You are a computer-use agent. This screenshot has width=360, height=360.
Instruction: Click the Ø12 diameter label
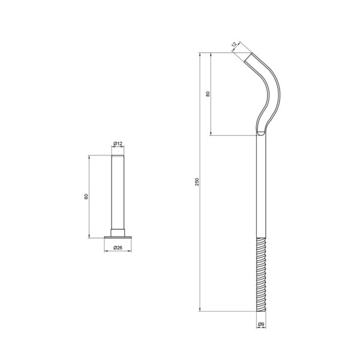(118, 144)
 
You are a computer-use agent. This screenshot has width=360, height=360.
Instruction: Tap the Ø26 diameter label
(118, 247)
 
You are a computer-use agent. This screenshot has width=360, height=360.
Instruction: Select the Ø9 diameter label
(261, 324)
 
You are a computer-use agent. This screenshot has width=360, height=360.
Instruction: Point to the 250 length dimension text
(197, 182)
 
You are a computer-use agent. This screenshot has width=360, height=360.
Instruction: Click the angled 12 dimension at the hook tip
(234, 44)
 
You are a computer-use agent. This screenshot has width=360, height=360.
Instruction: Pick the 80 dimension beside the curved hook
(208, 94)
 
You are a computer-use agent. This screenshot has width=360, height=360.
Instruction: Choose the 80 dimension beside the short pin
(86, 197)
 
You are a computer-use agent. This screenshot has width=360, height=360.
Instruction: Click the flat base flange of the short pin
(118, 238)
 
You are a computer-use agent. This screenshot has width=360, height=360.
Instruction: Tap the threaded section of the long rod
(261, 275)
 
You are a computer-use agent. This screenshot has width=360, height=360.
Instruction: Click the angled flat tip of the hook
(248, 57)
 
